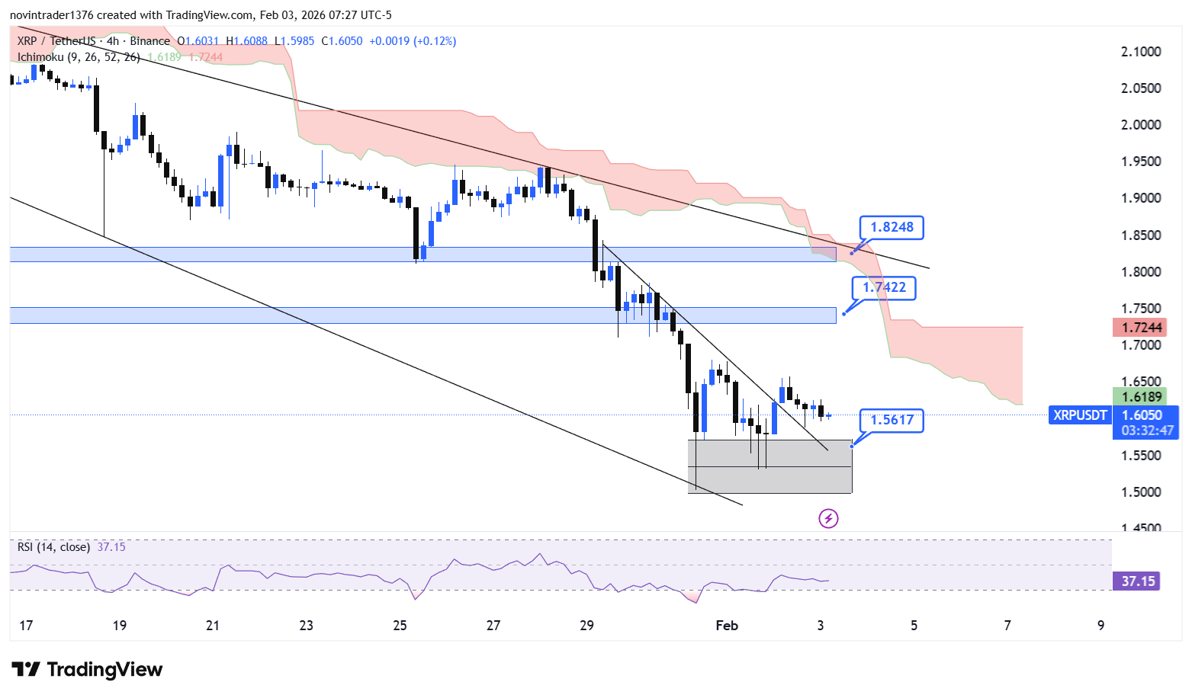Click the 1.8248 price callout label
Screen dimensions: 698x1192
pos(892,227)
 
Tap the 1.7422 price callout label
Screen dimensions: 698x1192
pos(884,287)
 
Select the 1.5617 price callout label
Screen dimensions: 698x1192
pos(892,420)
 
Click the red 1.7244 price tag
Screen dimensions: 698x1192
pos(1139,328)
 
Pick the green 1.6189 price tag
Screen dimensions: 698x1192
pos(1139,396)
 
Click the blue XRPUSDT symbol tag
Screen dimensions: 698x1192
pos(1080,415)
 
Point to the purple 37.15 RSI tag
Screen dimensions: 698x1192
pos(1138,581)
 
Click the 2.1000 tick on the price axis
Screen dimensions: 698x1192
pos(1141,52)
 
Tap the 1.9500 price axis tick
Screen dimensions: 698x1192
pos(1141,162)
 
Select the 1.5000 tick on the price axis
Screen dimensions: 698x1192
pos(1141,492)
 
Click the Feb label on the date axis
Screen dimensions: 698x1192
pos(727,626)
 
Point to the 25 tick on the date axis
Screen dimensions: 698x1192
pos(400,626)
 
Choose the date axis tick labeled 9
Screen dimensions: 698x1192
pos(1100,626)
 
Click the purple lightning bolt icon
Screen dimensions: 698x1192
pos(828,519)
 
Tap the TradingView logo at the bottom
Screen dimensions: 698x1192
pos(88,670)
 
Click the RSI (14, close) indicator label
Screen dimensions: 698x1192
pos(53,547)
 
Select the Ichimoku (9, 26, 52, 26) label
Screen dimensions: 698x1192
pos(79,57)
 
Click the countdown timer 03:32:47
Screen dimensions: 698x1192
pos(1147,431)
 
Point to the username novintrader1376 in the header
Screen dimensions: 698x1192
pos(52,15)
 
